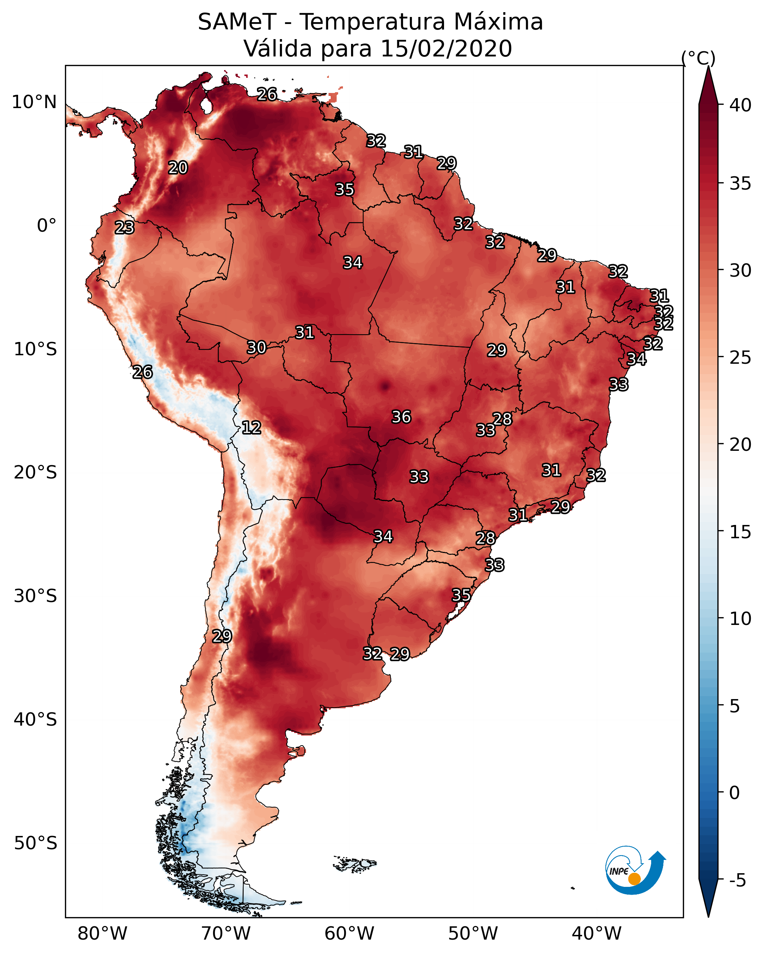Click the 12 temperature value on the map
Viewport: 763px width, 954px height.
251,428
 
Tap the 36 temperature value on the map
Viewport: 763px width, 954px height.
402,417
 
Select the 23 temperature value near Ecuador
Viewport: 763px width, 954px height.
124,228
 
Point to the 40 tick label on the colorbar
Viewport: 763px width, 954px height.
740,105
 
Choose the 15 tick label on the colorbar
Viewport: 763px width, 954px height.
740,532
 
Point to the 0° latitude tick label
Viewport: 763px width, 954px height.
47,226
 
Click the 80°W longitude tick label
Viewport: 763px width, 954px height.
102,934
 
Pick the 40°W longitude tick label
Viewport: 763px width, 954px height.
597,934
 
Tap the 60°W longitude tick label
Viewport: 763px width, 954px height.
350,934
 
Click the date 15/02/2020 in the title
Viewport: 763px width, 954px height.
446,49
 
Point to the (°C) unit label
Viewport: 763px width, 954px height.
698,58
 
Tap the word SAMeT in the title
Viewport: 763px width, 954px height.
237,22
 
